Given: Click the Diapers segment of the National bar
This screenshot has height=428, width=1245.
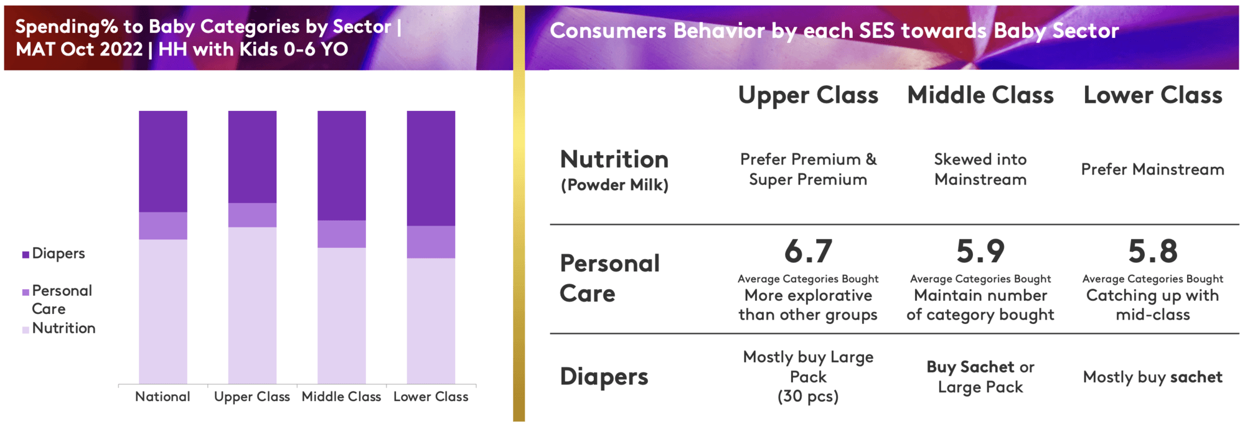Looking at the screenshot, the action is click(x=162, y=161).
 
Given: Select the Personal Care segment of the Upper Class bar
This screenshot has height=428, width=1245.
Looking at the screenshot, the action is click(x=252, y=215).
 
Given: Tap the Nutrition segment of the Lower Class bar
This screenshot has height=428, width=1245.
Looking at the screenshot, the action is click(x=431, y=321).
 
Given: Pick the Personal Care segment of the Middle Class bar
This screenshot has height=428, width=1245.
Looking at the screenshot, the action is click(x=342, y=234).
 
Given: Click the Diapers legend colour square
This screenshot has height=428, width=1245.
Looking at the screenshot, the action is click(x=26, y=254).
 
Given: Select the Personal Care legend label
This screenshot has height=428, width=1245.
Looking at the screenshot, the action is click(x=62, y=300).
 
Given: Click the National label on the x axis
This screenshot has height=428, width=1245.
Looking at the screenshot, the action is click(x=162, y=397).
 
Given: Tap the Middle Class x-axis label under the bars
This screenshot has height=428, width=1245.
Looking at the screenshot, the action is click(x=341, y=397).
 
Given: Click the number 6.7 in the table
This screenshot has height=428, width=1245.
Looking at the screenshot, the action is click(x=808, y=252).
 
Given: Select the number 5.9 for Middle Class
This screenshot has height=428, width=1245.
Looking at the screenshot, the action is click(x=980, y=252).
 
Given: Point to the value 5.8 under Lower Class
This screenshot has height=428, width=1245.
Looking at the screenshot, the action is click(x=1153, y=252).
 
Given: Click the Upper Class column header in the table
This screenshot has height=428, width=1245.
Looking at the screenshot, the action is click(x=808, y=95).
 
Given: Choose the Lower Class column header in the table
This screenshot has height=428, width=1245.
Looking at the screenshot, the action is click(x=1153, y=95).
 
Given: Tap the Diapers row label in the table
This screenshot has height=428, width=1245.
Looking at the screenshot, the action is click(x=604, y=377).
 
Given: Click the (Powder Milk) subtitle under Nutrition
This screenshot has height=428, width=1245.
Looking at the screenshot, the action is click(x=614, y=185).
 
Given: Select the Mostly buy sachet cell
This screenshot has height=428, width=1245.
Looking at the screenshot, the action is click(x=1153, y=377).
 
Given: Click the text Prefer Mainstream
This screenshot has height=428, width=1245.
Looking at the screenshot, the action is click(x=1153, y=169).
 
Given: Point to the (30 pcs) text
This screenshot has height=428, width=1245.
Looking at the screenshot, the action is click(x=808, y=396).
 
